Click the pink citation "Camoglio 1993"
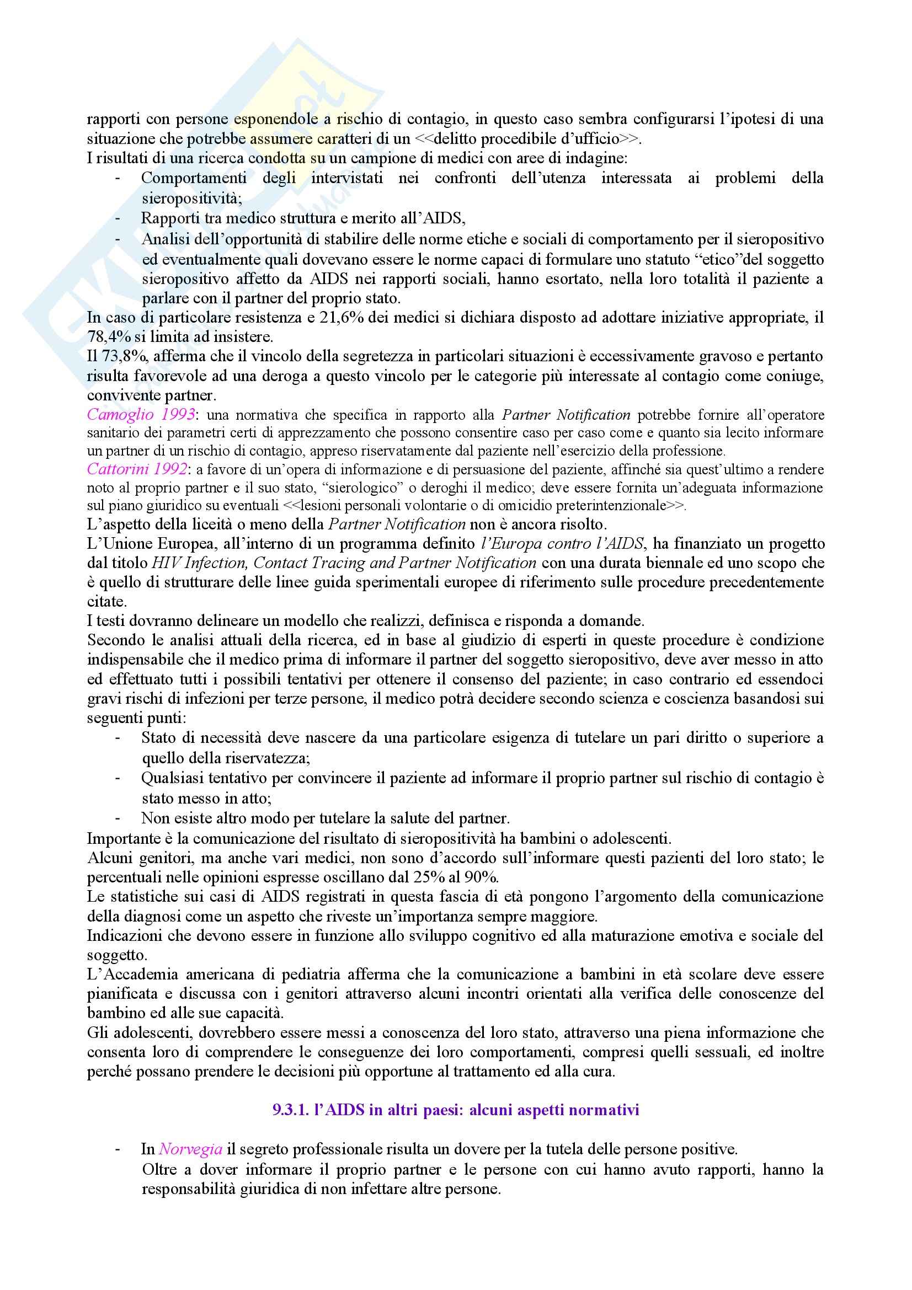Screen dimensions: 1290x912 tap(141, 415)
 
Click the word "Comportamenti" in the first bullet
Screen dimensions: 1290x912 tap(193, 178)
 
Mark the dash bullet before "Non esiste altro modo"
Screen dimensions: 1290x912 tap(118, 817)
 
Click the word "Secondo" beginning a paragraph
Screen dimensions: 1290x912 tap(113, 640)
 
